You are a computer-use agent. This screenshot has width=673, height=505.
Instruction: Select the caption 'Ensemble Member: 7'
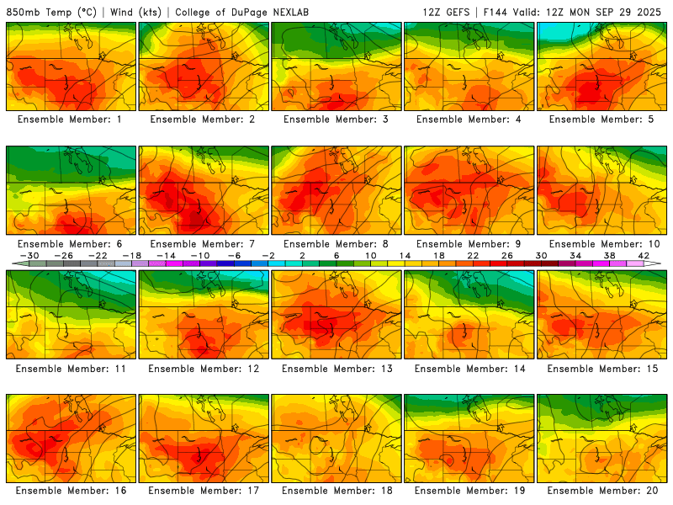coord(204,244)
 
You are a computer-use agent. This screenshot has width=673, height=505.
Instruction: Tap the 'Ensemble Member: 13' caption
coord(337,369)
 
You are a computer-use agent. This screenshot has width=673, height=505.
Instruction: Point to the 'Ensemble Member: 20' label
coord(603,491)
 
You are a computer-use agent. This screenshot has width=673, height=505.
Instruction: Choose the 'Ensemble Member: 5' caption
coord(603,120)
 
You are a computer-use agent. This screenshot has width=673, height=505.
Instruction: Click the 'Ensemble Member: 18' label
coord(337,491)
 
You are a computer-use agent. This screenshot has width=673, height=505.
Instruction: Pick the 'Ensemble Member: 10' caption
coord(603,244)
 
